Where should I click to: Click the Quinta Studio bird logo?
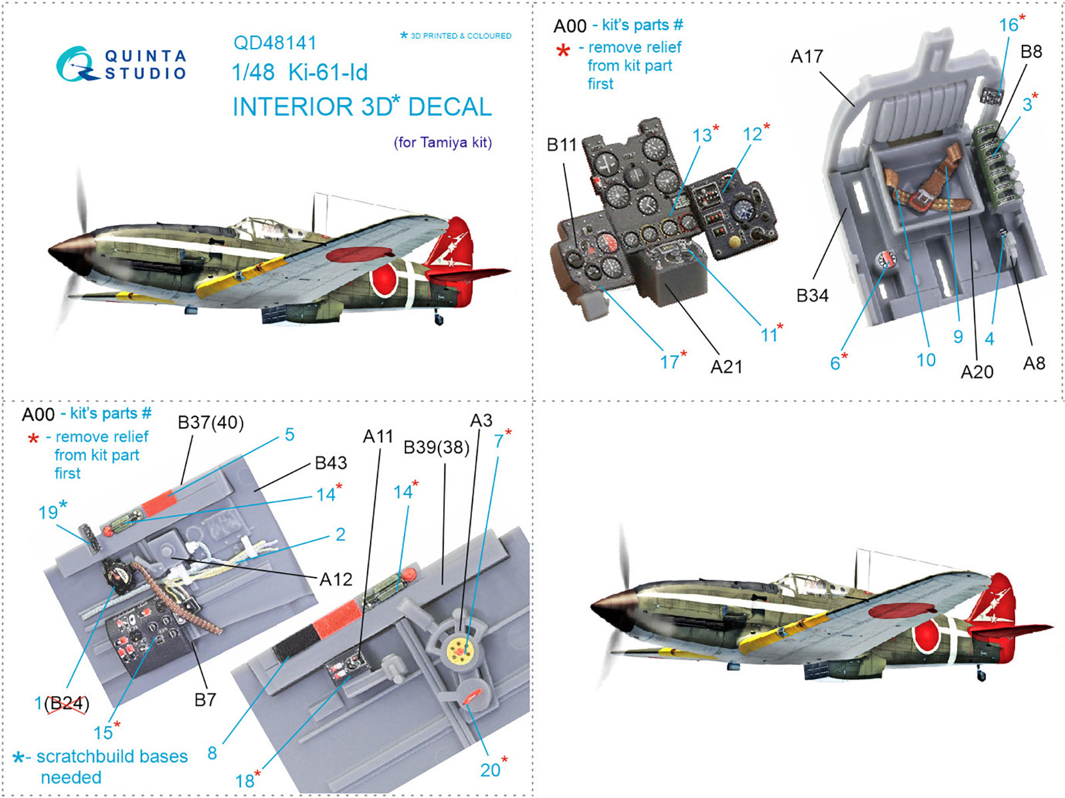pos(75,65)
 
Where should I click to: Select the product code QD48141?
pos(275,43)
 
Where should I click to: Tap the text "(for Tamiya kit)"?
pos(443,142)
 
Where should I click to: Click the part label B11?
pos(561,144)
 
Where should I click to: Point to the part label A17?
pos(806,57)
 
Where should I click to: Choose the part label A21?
pos(726,367)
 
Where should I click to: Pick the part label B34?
pos(812,296)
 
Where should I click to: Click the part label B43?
pos(331,463)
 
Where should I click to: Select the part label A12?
pos(335,579)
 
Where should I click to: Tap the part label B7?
pos(205,699)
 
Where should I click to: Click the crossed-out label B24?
pos(67,703)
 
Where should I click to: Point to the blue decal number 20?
pos(490,770)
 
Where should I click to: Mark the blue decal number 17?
pos(669,362)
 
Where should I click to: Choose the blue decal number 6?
pos(835,363)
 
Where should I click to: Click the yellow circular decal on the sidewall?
pos(460,648)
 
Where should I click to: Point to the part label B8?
pos(1030,52)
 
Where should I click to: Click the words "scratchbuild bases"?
pos(112,757)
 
